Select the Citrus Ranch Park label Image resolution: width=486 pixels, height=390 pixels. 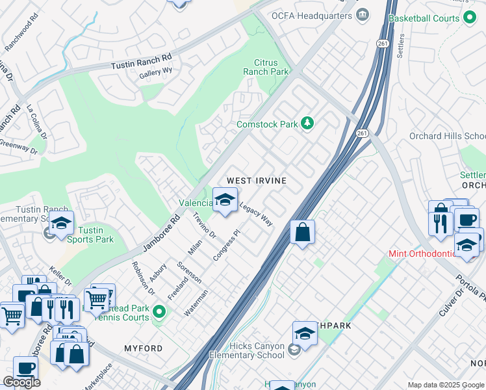coord(266,68)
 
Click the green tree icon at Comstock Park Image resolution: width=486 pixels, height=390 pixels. coord(308,123)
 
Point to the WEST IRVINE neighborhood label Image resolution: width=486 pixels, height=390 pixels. coord(256,180)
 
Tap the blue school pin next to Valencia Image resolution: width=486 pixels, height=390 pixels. coord(225,200)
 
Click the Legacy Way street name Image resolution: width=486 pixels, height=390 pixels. coord(256,214)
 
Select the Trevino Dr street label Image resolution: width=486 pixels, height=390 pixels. coord(204,226)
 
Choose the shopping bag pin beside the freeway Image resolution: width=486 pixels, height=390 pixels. coord(302,232)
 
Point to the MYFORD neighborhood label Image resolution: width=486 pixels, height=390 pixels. coord(144,348)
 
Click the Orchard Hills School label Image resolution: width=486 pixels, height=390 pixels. coord(447,136)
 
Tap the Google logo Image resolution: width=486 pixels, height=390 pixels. coord(21,382)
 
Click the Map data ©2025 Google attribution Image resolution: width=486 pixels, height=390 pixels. coord(445,385)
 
